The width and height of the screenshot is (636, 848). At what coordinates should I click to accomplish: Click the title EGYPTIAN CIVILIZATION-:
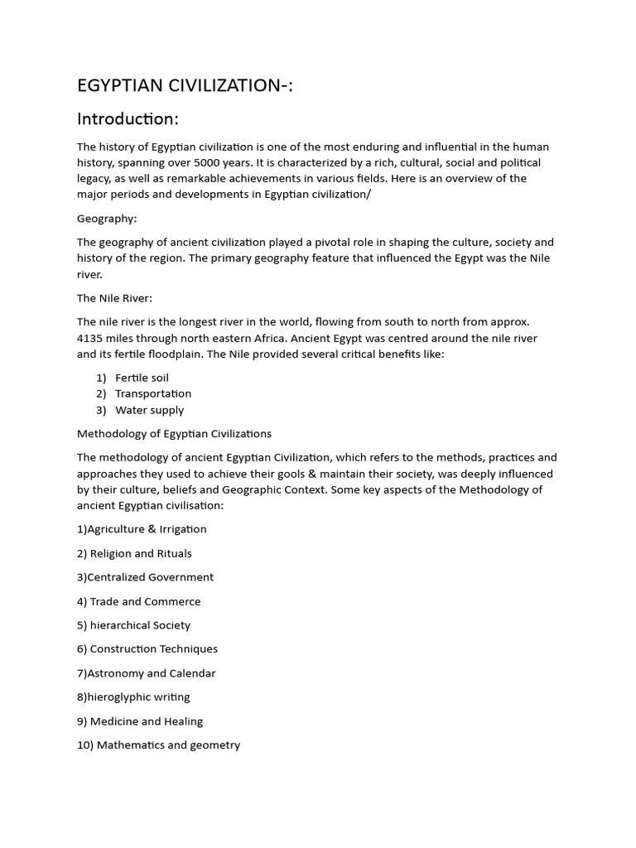(x=185, y=85)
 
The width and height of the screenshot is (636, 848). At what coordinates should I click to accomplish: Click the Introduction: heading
(x=128, y=119)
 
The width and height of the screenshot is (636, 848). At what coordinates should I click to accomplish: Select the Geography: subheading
(x=107, y=219)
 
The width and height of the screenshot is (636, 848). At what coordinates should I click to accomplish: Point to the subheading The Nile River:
(x=114, y=298)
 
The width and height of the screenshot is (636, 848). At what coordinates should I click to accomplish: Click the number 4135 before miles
(x=91, y=338)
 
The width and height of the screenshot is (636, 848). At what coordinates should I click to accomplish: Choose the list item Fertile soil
(x=142, y=378)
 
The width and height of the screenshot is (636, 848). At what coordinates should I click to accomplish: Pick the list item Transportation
(x=152, y=393)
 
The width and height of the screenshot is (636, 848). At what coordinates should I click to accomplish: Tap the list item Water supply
(x=149, y=410)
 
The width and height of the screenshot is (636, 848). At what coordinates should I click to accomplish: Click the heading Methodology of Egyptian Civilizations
(x=174, y=433)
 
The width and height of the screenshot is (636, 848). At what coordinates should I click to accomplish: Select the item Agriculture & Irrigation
(x=142, y=529)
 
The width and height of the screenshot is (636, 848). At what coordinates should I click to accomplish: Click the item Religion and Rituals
(x=134, y=553)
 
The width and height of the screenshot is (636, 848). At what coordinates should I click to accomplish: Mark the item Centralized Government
(x=145, y=577)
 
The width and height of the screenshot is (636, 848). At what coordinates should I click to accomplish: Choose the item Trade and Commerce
(x=138, y=601)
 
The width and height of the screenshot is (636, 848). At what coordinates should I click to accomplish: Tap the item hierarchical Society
(x=133, y=625)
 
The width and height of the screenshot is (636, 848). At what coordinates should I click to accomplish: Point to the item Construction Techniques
(x=147, y=649)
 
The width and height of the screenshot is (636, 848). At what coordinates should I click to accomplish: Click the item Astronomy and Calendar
(x=146, y=673)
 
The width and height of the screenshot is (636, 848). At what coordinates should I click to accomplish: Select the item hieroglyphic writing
(x=133, y=697)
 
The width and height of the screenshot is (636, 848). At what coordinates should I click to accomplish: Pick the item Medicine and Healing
(x=140, y=721)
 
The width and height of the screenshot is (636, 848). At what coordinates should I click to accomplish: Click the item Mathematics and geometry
(x=158, y=745)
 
